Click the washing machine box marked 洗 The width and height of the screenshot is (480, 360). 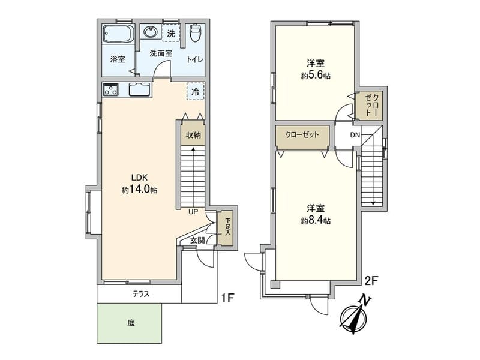pos(172,33)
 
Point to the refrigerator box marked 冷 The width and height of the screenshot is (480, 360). pos(195,91)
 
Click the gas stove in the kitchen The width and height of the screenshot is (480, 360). pos(112,91)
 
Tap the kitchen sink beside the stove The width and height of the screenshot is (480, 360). pos(139,91)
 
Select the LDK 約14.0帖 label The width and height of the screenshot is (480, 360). pos(139,184)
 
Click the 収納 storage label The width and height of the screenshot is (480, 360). pos(193,136)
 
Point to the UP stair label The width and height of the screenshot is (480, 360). pos(193,212)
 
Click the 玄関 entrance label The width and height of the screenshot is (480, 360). pos(197,240)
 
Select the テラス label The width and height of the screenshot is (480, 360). pos(140,294)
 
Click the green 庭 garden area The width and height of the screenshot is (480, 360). pos(130,322)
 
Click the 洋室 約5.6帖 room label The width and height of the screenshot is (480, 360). pos(316,70)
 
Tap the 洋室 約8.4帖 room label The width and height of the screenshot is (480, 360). pos(316,214)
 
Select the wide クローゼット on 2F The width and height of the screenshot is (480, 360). pos(302,135)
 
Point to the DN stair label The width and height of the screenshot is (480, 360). pos(355,135)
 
